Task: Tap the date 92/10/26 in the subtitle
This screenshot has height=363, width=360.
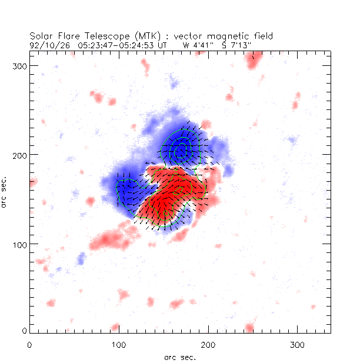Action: [47, 44]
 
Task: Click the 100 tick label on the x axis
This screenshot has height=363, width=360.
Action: [119, 344]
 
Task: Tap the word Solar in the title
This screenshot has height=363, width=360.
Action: [42, 36]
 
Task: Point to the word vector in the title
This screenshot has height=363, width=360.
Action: [179, 36]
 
